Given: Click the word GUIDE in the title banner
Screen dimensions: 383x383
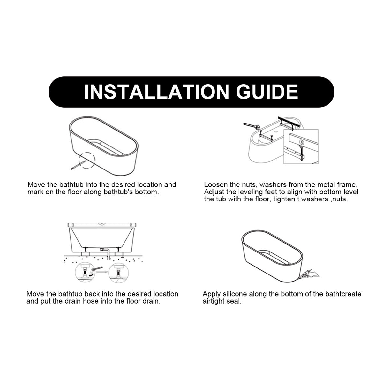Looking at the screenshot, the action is pyautogui.click(x=267, y=92).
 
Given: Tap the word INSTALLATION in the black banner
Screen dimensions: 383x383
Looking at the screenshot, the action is pyautogui.click(x=157, y=92).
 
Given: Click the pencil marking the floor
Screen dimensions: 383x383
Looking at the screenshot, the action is pyautogui.click(x=78, y=165).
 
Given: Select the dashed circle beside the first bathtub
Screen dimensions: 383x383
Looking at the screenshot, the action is pyautogui.click(x=87, y=161).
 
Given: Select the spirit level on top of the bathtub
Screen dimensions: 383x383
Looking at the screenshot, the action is pyautogui.click(x=101, y=225).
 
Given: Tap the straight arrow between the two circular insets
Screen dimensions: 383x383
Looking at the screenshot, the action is pyautogui.click(x=102, y=272).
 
